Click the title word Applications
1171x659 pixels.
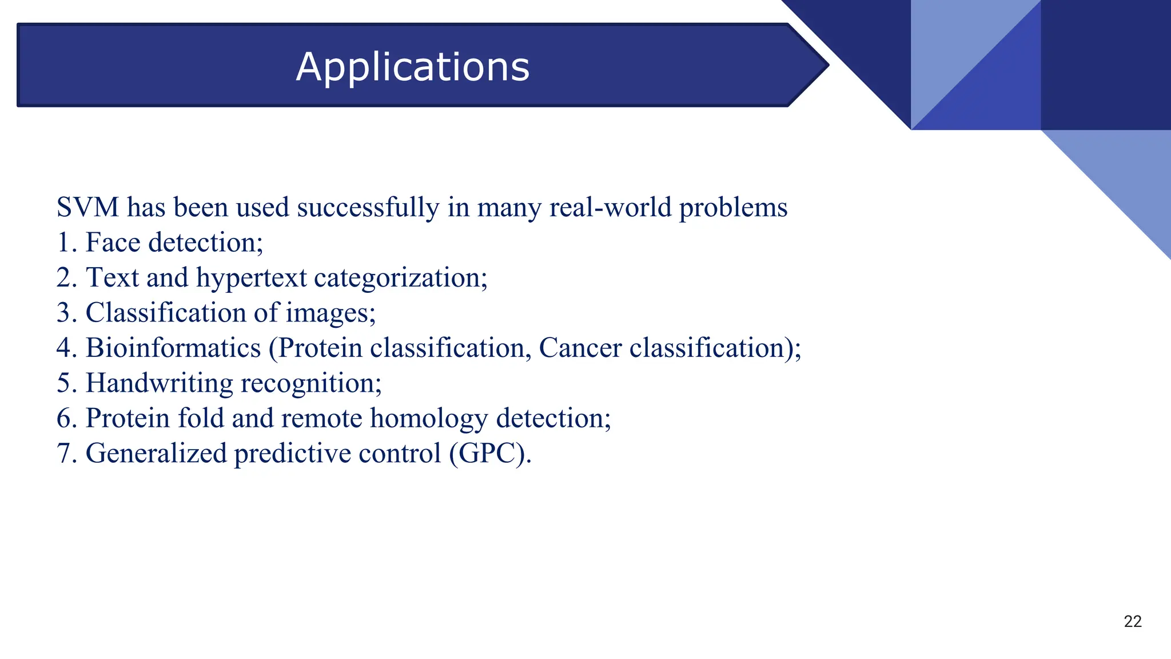click(x=413, y=68)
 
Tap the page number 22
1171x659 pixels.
click(x=1132, y=622)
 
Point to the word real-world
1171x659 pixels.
click(x=610, y=207)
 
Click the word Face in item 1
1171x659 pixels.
click(x=113, y=243)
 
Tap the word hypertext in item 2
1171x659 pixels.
click(x=252, y=279)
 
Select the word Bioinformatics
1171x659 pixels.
click(x=173, y=348)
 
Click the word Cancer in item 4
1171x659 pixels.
click(x=580, y=348)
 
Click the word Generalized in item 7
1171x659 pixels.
click(x=156, y=454)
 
